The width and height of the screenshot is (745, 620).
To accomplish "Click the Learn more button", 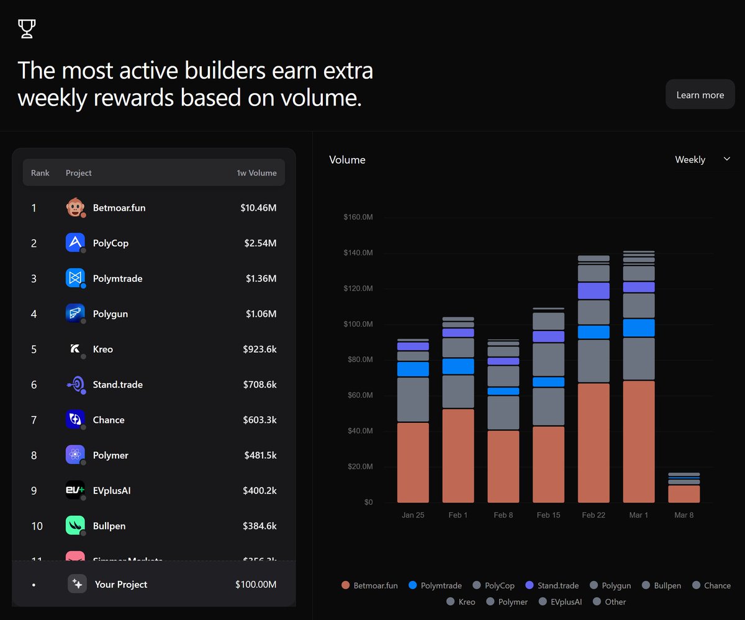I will [700, 95].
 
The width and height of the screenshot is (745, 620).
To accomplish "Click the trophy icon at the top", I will [27, 29].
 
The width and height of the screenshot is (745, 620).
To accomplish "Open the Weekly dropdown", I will [702, 159].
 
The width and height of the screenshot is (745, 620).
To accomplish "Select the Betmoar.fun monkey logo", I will [75, 208].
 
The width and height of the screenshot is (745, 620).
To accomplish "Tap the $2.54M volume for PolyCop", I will [260, 243].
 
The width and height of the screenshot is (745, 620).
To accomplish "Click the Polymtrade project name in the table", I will [117, 278].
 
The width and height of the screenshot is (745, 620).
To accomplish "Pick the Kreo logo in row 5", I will [75, 349].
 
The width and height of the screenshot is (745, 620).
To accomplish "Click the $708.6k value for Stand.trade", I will [260, 384].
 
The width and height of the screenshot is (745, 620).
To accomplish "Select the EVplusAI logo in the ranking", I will [75, 490].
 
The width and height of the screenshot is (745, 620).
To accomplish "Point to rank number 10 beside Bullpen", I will [37, 526].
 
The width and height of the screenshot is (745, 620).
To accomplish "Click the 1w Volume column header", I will [256, 173].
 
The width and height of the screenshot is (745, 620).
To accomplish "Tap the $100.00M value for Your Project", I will [255, 584].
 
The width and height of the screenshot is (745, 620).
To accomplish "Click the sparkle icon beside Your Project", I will [77, 584].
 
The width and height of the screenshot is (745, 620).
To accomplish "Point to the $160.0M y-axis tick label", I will [358, 218].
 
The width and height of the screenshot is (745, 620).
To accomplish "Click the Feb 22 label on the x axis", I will [593, 515].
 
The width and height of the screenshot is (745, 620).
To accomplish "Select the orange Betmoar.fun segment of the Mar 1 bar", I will [639, 441].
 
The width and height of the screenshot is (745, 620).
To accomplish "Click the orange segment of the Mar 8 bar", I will [684, 494].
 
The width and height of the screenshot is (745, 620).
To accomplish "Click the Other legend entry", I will [610, 601].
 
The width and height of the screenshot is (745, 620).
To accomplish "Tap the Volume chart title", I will [347, 159].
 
